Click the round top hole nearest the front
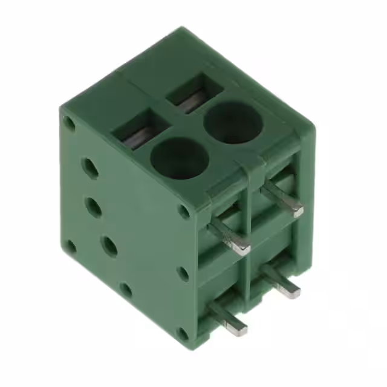[x=179, y=157]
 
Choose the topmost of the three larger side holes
[x=90, y=167]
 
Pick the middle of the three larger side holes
[x=93, y=207]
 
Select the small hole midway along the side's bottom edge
[x=125, y=290]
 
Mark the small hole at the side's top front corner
[x=183, y=211]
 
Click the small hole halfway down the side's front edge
[x=182, y=273]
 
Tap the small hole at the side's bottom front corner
[x=183, y=333]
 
